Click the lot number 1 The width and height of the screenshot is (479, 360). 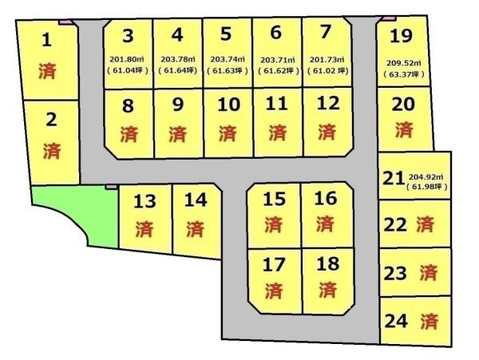47,39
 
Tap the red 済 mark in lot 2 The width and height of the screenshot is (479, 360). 52,149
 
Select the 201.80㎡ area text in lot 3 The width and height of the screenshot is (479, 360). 128,58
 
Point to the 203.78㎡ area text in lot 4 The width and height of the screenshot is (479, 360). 177,58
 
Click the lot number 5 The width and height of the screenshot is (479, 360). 226,34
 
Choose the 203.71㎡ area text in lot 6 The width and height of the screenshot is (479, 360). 276,58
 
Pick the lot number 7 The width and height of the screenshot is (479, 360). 324,34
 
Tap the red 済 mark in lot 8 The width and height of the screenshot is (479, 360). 129,133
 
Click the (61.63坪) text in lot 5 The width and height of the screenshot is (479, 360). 226,69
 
